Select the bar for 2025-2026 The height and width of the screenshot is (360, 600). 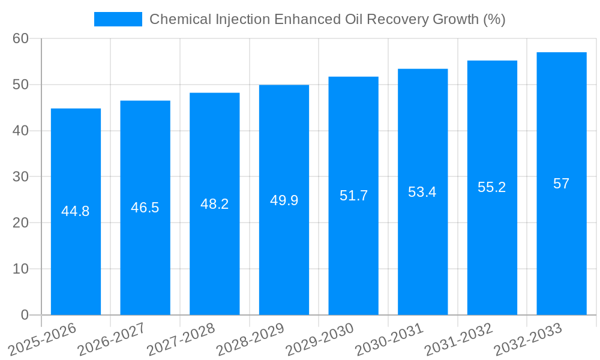click(76, 252)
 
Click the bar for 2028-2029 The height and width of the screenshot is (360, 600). click(284, 252)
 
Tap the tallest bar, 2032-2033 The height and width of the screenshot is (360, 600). click(561, 252)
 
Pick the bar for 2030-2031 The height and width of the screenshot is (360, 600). click(422, 252)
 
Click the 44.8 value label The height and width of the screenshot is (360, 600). click(76, 211)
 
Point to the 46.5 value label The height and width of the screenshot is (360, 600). click(145, 208)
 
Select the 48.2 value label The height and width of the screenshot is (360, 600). click(214, 204)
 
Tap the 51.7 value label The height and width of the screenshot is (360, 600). click(353, 196)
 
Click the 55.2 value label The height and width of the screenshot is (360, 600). click(492, 187)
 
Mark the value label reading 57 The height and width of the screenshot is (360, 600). click(561, 184)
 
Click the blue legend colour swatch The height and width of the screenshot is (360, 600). click(118, 19)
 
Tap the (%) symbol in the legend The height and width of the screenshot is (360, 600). click(494, 19)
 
